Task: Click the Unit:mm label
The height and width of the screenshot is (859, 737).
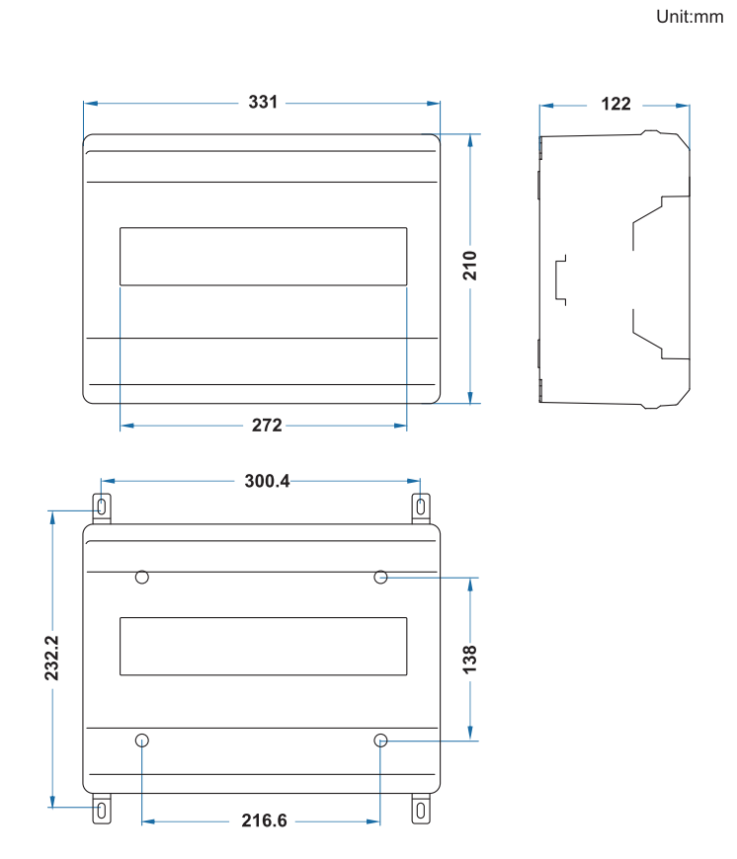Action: pos(690,17)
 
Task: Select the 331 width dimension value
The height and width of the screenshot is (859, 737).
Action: pos(263,103)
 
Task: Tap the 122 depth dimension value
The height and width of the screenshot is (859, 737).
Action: pos(615,104)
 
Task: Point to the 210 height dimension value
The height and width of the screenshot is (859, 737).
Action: pos(470,266)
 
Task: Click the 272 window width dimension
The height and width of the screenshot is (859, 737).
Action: pos(267,426)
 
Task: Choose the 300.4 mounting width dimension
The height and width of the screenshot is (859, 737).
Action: pos(267,481)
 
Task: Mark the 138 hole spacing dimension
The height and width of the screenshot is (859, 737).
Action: pos(470,658)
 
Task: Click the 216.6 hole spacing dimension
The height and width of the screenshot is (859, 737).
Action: pos(264,820)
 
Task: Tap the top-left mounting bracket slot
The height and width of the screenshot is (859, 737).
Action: pos(103,508)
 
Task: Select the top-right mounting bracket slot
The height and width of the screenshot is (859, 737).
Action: pos(422,508)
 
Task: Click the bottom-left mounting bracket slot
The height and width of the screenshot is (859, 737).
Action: pos(103,810)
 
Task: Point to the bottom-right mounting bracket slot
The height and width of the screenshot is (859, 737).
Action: pos(422,810)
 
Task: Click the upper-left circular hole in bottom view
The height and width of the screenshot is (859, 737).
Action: pos(142,577)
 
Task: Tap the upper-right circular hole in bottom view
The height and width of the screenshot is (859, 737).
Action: pos(381,577)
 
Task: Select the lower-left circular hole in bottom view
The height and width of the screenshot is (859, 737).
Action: pos(142,740)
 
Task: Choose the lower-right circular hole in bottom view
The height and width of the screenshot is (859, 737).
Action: pos(381,740)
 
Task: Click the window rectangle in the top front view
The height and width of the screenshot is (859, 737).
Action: pos(263,257)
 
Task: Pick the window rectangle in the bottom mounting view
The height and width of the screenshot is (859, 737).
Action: pos(263,647)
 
